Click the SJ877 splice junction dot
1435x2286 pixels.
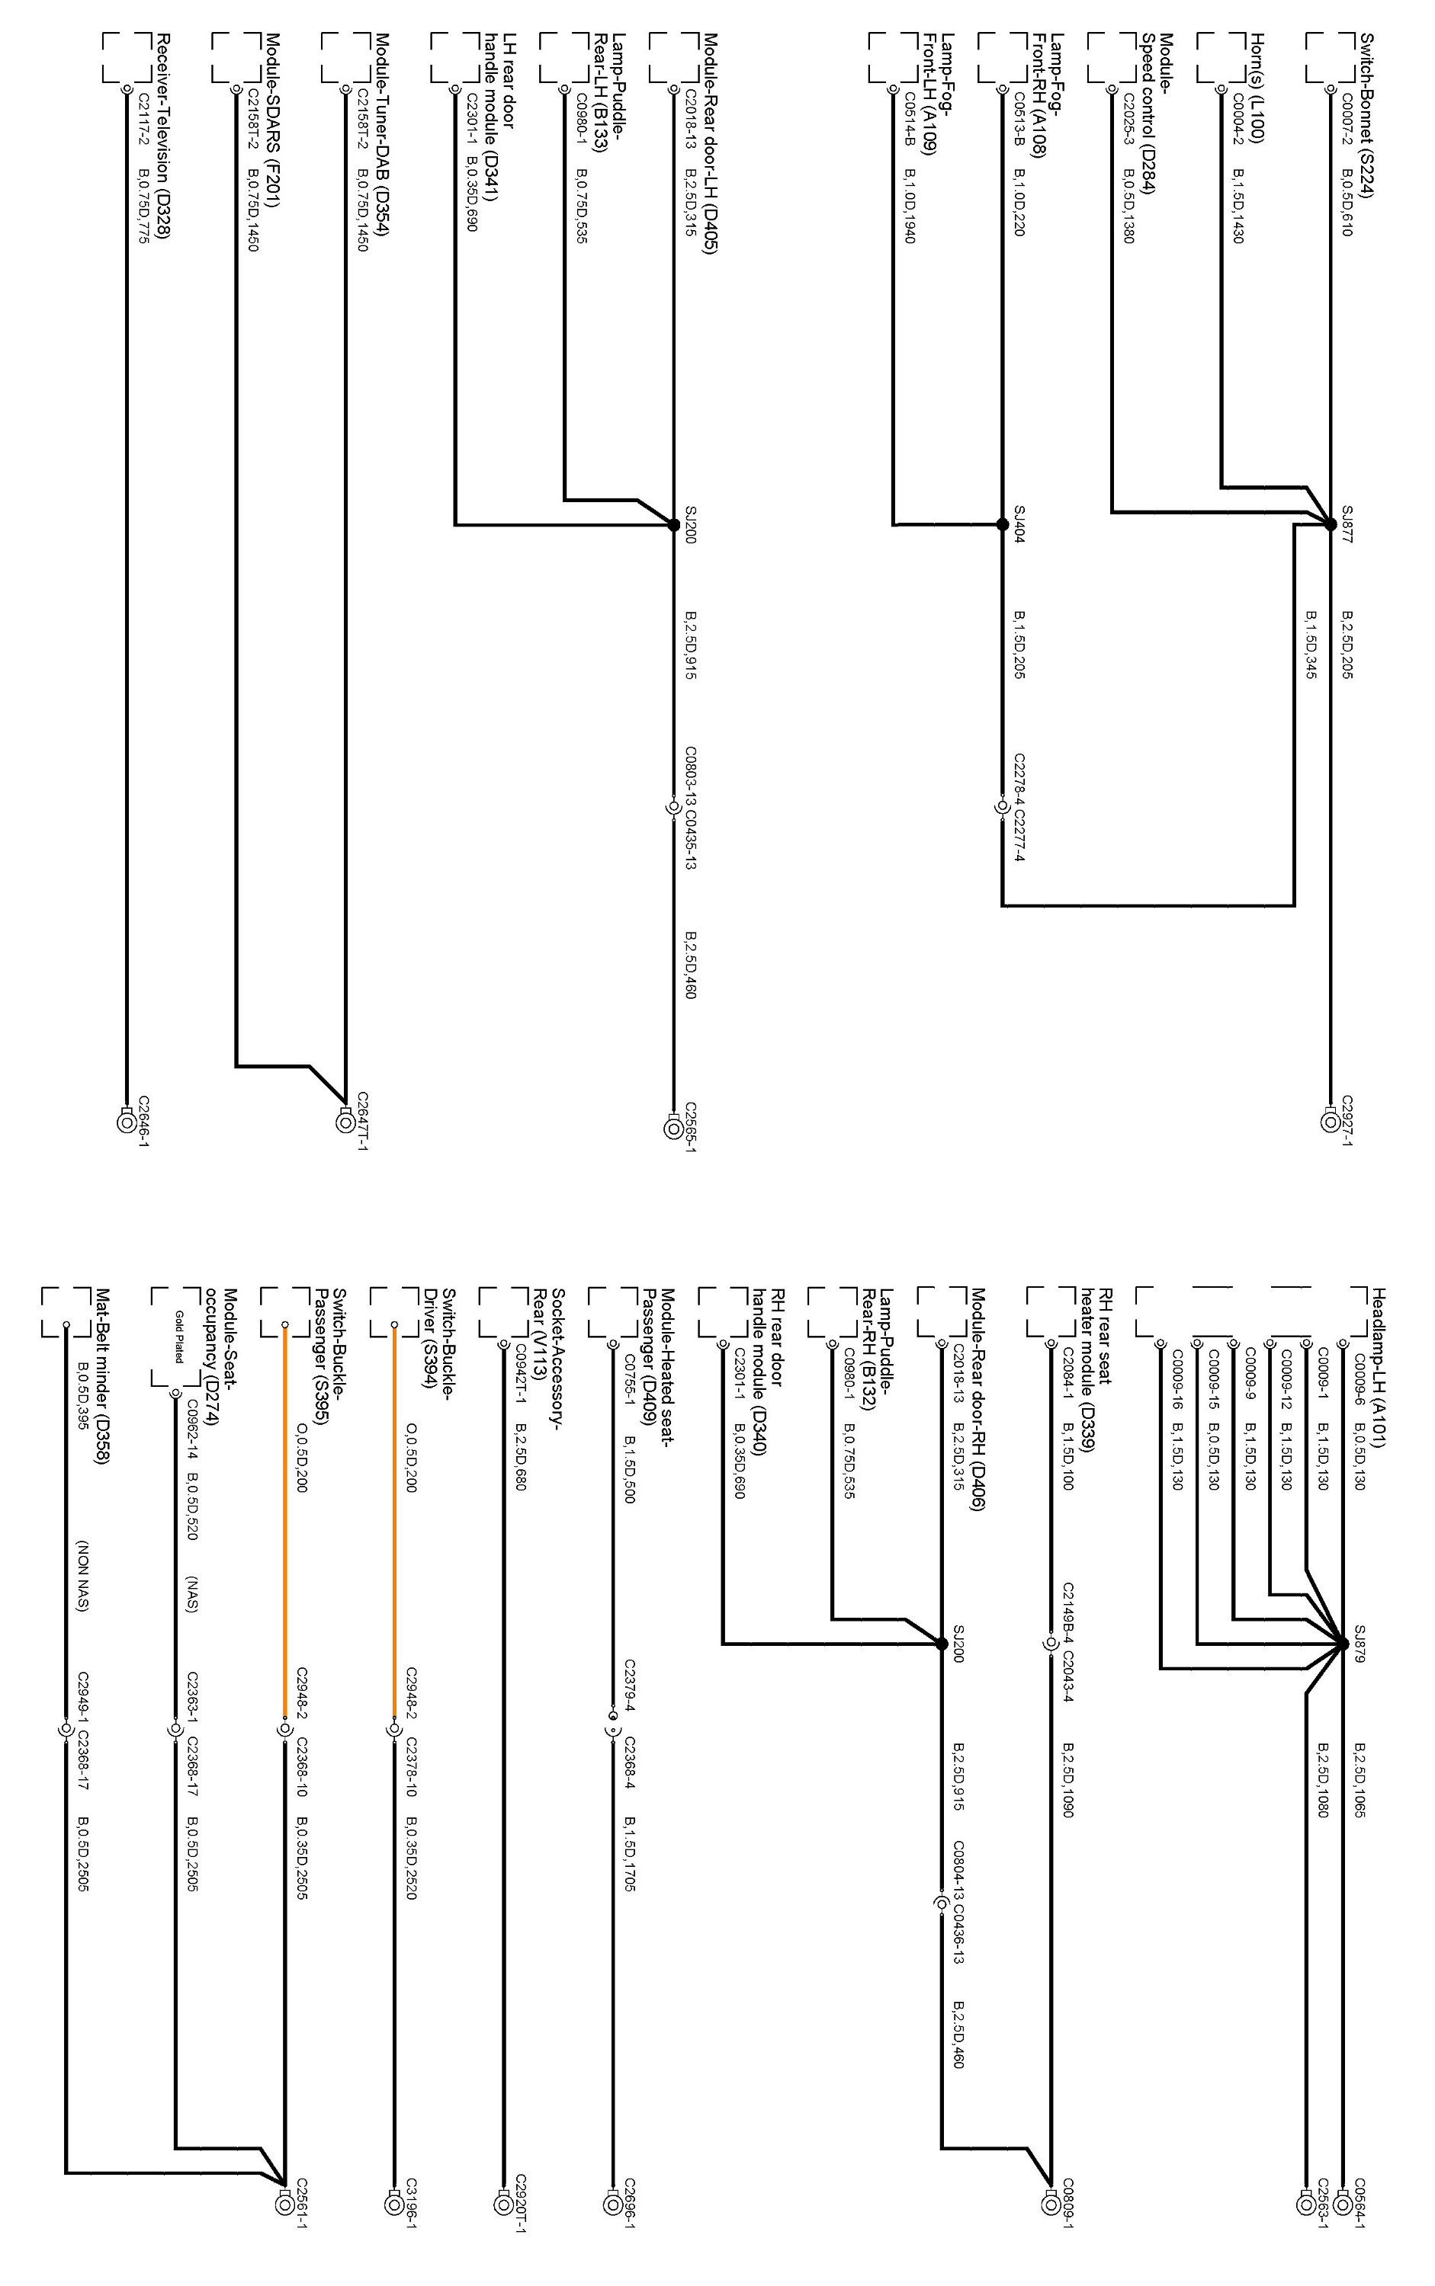1331,523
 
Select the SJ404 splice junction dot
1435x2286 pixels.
1002,523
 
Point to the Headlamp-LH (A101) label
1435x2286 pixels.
1381,1367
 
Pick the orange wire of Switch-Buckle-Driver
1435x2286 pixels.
392,1518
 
